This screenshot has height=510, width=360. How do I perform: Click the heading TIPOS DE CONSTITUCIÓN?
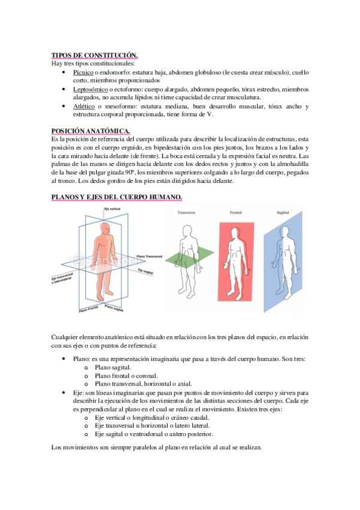tap(94, 55)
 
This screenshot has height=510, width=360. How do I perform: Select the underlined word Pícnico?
tap(83, 72)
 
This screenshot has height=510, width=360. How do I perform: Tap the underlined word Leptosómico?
tap(90, 89)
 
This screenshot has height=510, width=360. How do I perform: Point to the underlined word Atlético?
tap(84, 106)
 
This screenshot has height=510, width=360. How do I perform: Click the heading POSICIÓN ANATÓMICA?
tap(91, 131)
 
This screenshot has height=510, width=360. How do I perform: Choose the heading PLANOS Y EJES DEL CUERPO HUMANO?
tap(117, 197)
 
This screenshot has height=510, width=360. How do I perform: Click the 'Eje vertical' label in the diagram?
tap(112, 209)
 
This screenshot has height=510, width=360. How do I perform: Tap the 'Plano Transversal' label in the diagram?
tap(150, 257)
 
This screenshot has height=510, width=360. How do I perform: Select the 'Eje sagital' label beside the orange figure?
tap(145, 271)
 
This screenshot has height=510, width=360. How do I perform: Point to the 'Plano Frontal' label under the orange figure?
tap(88, 309)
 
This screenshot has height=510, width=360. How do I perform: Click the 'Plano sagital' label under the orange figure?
tap(114, 308)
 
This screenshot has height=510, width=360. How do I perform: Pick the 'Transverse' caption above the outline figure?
tap(186, 213)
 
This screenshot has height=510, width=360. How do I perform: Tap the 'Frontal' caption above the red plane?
tap(236, 213)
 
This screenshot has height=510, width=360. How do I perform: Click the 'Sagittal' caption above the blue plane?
tap(282, 213)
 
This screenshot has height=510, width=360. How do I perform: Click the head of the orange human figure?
tap(106, 229)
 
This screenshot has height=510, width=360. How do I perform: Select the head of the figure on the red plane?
tap(234, 234)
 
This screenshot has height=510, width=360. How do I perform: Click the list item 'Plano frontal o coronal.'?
tap(126, 376)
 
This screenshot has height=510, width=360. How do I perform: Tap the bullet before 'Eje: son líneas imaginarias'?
tap(64, 393)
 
